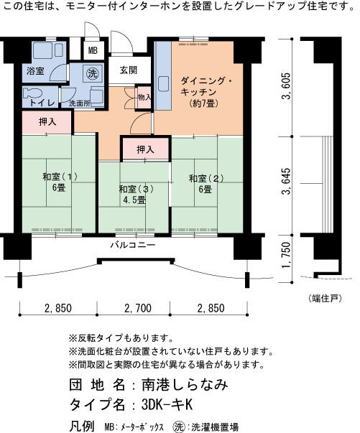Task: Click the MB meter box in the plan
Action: coord(93,50)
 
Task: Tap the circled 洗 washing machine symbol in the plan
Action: coord(92,74)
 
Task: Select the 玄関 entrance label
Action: coord(129,70)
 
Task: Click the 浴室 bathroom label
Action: coord(35,71)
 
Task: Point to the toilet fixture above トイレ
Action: coord(32,93)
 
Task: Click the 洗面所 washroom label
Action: coord(79,103)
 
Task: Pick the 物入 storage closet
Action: coord(144,97)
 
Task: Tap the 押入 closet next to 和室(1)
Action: coord(47,123)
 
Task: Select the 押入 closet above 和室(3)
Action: coord(146,149)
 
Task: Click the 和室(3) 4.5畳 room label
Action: coord(136,195)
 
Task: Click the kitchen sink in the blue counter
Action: coord(163,84)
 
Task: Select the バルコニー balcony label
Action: coord(133,245)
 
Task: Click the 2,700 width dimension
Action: coord(138,308)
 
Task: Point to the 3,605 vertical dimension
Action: coord(286,86)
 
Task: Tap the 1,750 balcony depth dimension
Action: coord(286,255)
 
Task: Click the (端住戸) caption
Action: coord(324,298)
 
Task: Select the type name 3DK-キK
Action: coord(167,405)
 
